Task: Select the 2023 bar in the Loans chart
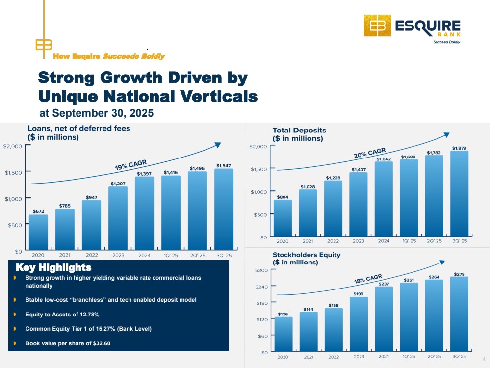pyautogui.click(x=118, y=218)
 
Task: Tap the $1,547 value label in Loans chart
pyautogui.click(x=224, y=166)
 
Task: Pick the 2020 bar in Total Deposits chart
pyautogui.click(x=283, y=218)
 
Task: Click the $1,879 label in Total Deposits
pyautogui.click(x=460, y=148)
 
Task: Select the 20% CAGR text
pyautogui.click(x=370, y=153)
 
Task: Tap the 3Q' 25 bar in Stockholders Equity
pyautogui.click(x=460, y=314)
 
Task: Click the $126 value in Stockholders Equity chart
pyautogui.click(x=283, y=314)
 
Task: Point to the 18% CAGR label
pyautogui.click(x=368, y=280)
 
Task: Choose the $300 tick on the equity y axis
pyautogui.click(x=261, y=270)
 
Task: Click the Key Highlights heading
pyautogui.click(x=53, y=268)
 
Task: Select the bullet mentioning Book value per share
pyautogui.click(x=68, y=343)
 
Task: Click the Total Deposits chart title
pyautogui.click(x=299, y=131)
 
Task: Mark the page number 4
pyautogui.click(x=484, y=359)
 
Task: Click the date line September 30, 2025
pyautogui.click(x=96, y=113)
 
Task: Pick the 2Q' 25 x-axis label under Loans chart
pyautogui.click(x=197, y=255)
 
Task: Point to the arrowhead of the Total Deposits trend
pyautogui.click(x=447, y=134)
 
